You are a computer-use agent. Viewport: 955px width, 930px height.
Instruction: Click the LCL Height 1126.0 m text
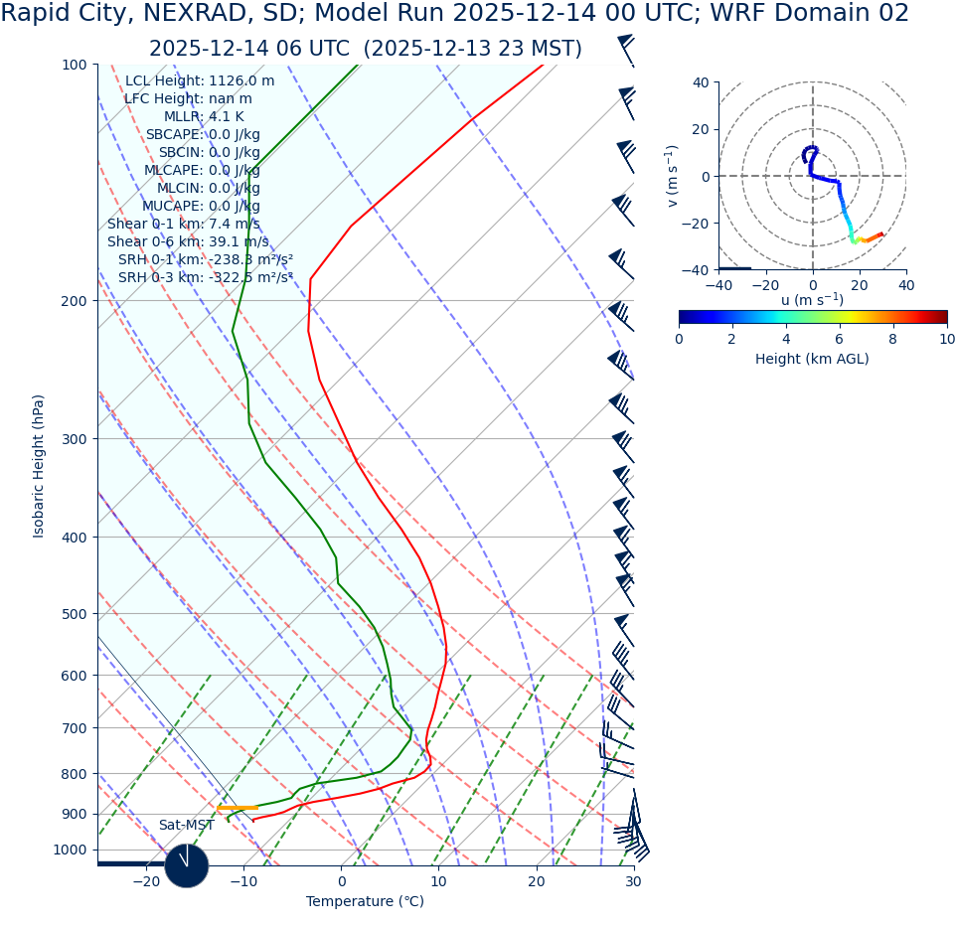[x=200, y=81]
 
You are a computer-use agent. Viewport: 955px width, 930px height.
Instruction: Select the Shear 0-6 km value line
[x=188, y=242]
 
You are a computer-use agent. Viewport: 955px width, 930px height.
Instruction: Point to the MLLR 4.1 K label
[x=204, y=117]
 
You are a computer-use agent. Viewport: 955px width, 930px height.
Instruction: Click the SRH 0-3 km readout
[x=206, y=278]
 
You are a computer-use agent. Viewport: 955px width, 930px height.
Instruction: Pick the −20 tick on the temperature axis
[x=146, y=882]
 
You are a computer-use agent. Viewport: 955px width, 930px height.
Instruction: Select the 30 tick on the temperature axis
[x=634, y=882]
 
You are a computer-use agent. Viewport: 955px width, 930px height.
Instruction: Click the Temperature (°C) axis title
[x=365, y=902]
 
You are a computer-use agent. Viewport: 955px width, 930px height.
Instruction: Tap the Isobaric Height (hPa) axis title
[x=39, y=466]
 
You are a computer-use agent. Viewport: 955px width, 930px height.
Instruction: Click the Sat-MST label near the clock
[x=186, y=826]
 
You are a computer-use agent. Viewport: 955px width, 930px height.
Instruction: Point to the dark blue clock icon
[x=186, y=866]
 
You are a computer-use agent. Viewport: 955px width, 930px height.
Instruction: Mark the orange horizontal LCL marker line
[x=238, y=808]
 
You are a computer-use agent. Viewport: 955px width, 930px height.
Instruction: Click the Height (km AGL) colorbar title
[x=812, y=359]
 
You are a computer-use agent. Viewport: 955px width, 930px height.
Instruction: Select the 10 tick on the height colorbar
[x=947, y=340]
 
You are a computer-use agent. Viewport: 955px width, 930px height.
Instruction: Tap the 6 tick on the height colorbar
[x=840, y=340]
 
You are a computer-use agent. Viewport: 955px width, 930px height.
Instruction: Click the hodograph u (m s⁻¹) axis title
[x=812, y=300]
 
